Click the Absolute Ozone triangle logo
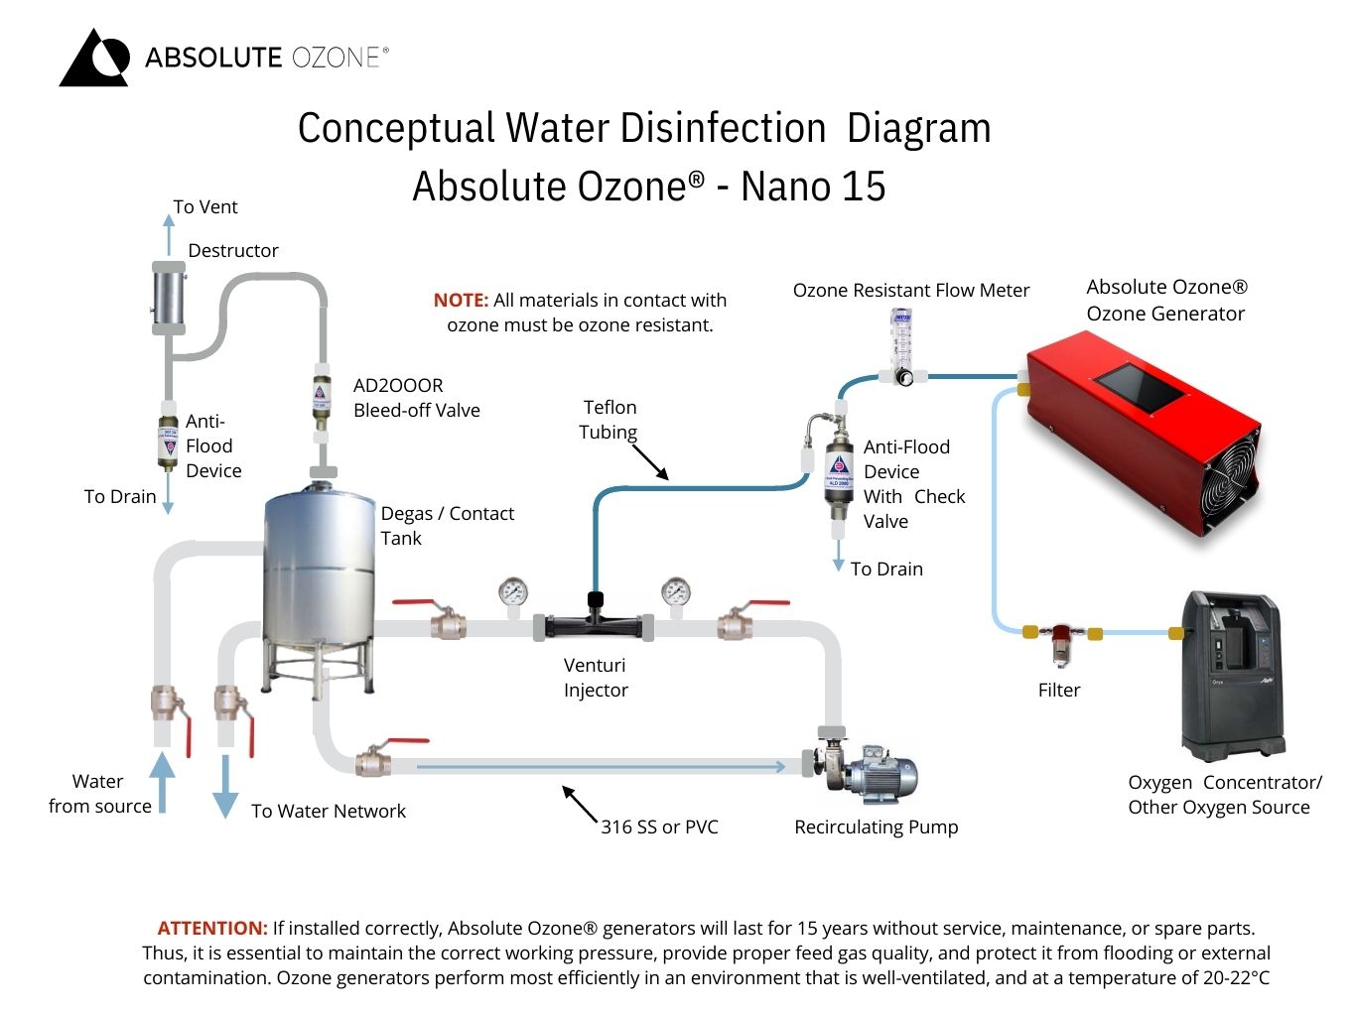[94, 59]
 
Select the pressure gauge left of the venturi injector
[513, 592]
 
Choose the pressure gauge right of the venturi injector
[676, 592]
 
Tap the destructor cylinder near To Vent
[168, 296]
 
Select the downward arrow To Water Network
[225, 786]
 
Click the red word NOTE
[461, 300]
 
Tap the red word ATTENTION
[212, 929]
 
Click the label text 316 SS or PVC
[659, 826]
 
